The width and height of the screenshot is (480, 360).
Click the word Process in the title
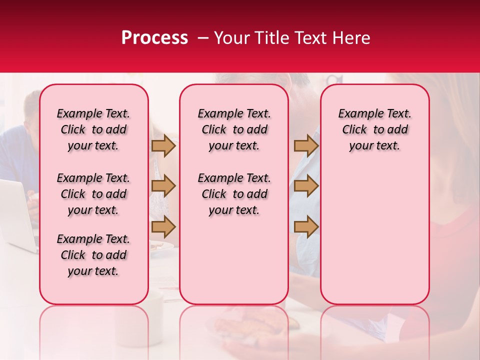154,38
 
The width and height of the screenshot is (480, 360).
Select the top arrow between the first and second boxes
163,145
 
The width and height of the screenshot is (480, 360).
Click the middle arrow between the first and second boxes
163,186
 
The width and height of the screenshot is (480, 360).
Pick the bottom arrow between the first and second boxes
163,227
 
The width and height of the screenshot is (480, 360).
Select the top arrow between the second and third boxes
306,145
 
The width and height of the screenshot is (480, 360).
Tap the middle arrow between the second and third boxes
306,186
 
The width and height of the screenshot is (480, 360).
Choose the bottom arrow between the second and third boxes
306,227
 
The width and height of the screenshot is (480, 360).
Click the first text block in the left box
93,129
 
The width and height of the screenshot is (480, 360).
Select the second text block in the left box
93,194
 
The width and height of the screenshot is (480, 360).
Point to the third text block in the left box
93,255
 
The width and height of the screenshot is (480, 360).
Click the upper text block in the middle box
234,129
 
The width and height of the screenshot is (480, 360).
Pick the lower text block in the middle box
234,194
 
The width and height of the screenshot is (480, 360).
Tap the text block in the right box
374,129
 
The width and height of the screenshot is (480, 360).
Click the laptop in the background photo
17,215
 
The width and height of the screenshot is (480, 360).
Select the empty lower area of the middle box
234,260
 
